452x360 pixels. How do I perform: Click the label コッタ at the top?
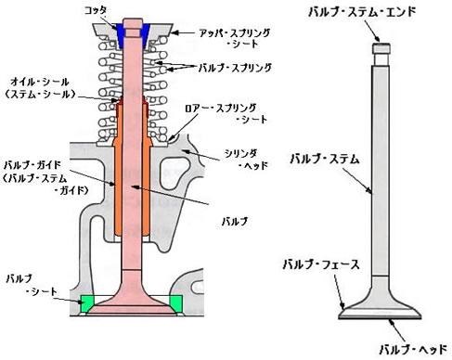tap(97, 10)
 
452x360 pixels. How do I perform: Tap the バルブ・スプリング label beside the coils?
tap(236, 68)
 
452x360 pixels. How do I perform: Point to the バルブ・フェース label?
tap(316, 265)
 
